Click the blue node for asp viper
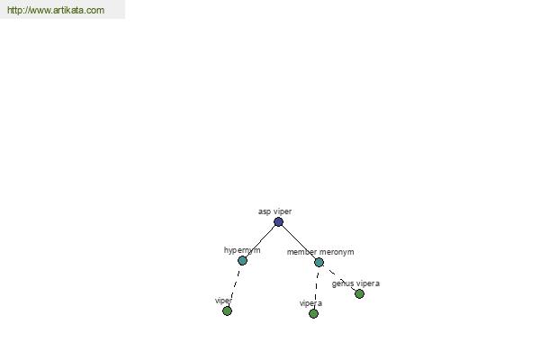tap(278, 222)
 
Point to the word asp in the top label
tap(265, 211)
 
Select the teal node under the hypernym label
tap(242, 260)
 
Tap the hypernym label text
tap(242, 250)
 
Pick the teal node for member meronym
tap(319, 263)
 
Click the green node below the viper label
tap(227, 311)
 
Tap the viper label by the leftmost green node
tap(223, 301)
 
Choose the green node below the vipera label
tap(313, 313)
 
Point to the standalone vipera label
tap(310, 303)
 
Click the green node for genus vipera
tap(359, 294)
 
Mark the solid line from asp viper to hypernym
tap(260, 241)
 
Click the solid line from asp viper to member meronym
tap(299, 242)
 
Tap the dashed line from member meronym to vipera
tap(316, 288)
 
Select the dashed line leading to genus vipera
tap(339, 278)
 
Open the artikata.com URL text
tap(56, 10)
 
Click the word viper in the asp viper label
tap(283, 211)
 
